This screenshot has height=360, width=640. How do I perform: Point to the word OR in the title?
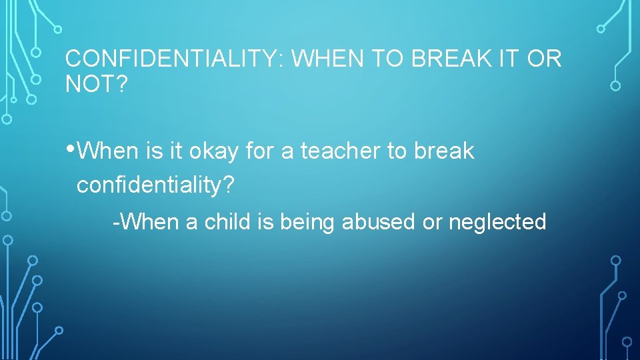click(545, 59)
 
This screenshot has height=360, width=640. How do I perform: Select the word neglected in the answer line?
click(497, 221)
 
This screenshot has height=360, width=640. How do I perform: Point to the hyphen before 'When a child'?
click(116, 221)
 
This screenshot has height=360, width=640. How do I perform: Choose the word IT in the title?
click(515, 59)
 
